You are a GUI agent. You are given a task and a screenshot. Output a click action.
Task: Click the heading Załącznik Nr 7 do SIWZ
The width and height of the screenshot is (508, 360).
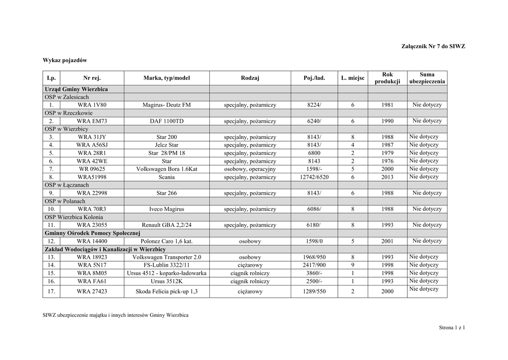[433, 46]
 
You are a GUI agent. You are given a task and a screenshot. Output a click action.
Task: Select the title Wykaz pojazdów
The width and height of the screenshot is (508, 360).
[64, 61]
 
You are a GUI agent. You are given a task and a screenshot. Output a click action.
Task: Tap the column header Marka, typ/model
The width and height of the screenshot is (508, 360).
[167, 78]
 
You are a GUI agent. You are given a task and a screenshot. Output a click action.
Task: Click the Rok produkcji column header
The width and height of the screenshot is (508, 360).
[387, 78]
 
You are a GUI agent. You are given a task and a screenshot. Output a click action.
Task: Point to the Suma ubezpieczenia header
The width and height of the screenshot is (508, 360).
[427, 78]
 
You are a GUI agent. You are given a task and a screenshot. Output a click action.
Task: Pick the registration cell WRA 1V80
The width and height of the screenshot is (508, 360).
[92, 105]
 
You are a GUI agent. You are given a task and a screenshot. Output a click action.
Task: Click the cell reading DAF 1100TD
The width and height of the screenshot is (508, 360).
[167, 121]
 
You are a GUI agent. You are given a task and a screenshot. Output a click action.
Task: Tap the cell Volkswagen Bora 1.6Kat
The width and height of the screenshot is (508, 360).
[167, 169]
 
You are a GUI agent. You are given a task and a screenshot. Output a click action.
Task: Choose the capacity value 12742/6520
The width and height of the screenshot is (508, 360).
[314, 177]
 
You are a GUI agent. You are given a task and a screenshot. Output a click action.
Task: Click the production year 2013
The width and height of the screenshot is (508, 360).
[387, 177]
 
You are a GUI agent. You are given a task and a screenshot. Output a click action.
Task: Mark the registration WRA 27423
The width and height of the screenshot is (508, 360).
[92, 292]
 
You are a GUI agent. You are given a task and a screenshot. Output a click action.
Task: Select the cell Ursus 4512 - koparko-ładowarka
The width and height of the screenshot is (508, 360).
[167, 274]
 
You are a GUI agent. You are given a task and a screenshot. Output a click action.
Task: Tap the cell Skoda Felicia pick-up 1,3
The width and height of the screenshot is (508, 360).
[167, 292]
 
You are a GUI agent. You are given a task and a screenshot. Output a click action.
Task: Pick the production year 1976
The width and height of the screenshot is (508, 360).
[387, 161]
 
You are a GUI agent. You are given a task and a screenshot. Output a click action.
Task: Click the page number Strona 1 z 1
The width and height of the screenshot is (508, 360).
[451, 327]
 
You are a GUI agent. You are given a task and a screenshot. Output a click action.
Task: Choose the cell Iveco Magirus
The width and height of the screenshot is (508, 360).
[167, 210]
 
